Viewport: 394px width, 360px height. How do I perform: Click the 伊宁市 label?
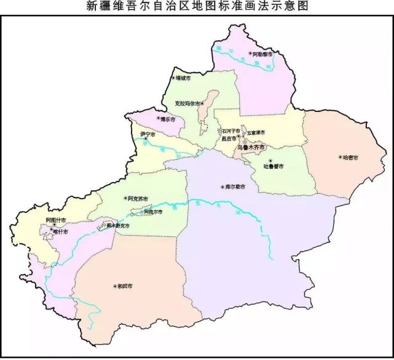point(148,134)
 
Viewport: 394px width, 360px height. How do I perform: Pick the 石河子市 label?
point(231,131)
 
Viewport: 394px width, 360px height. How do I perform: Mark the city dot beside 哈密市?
point(340,157)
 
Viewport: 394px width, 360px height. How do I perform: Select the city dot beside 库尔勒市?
point(223,186)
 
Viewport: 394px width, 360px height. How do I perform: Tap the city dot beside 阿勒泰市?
point(250,55)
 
